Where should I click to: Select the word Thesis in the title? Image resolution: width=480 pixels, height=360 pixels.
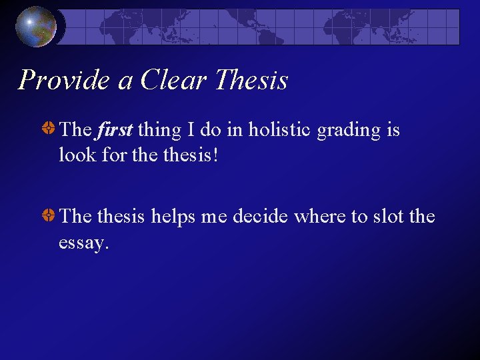click(x=251, y=80)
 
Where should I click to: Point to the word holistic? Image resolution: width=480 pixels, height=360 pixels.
click(x=280, y=129)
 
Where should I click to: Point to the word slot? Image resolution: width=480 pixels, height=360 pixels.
click(x=387, y=217)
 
